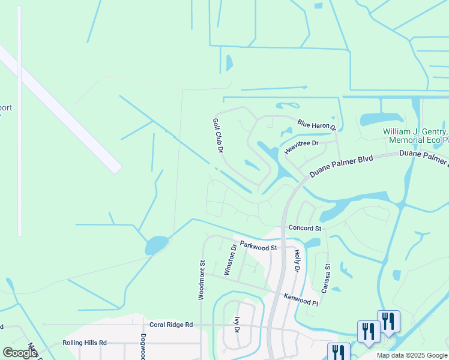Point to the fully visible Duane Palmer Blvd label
(341, 166)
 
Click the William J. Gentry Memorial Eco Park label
(416, 136)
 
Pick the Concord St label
(304, 228)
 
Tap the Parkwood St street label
(258, 246)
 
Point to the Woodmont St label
(202, 279)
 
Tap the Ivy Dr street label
(237, 325)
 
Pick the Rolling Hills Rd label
(84, 343)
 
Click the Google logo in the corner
(19, 353)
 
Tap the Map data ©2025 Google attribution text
(412, 355)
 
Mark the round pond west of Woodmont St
(156, 245)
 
